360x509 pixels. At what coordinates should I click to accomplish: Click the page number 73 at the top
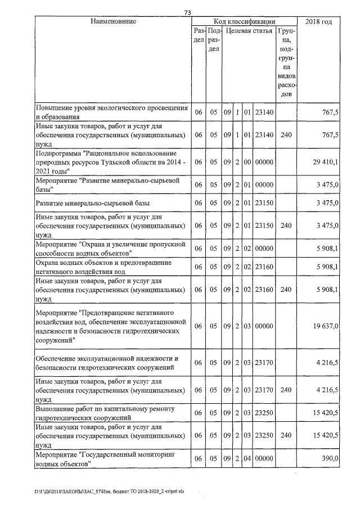coord(188,12)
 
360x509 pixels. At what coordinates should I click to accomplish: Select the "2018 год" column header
coord(318,21)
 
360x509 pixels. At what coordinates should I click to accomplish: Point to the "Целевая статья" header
coord(249,31)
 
